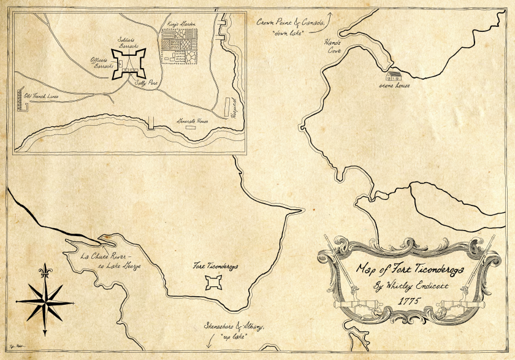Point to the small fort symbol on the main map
pyautogui.click(x=214, y=282)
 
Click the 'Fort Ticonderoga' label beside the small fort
pyautogui.click(x=215, y=267)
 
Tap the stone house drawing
pyautogui.click(x=393, y=77)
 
